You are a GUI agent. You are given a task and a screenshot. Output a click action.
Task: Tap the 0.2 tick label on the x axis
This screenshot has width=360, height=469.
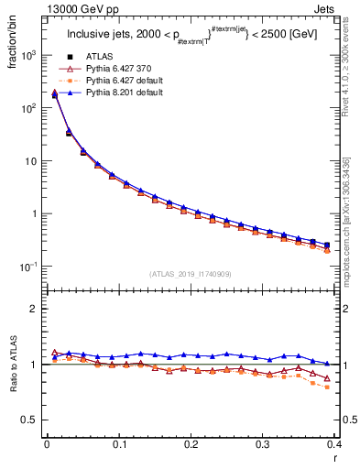click(x=191, y=443)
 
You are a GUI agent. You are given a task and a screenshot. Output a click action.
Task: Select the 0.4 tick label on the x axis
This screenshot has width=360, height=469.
click(x=334, y=443)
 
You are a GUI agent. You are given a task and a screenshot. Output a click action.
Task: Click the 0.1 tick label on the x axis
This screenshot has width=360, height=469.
click(x=118, y=443)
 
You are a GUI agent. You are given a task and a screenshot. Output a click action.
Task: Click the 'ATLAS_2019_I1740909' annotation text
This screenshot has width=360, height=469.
click(x=191, y=273)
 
